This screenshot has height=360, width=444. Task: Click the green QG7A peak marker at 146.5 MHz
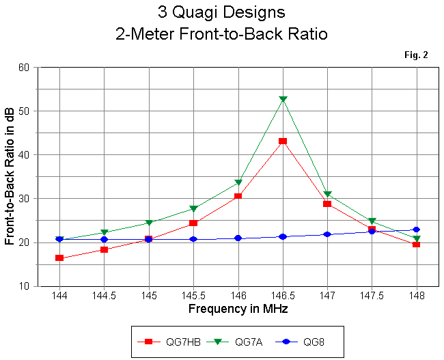click(283, 100)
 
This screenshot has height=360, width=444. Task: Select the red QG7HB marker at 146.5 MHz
click(283, 141)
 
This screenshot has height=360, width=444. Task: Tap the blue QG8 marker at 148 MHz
click(417, 230)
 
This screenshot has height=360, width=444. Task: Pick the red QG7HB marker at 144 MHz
click(60, 258)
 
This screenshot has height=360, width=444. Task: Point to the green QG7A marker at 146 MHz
click(238, 183)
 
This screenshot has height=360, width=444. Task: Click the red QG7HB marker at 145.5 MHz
click(193, 223)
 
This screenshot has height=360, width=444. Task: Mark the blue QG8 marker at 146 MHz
click(238, 238)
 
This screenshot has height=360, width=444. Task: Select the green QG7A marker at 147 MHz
click(327, 195)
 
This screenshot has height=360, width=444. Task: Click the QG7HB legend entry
click(164, 340)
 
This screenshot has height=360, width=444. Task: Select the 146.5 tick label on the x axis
click(283, 296)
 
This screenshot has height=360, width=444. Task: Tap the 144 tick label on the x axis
click(60, 296)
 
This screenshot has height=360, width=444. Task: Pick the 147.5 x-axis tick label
click(372, 296)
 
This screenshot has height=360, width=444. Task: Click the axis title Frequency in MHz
click(238, 309)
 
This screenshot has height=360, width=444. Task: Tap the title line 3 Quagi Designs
click(221, 13)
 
